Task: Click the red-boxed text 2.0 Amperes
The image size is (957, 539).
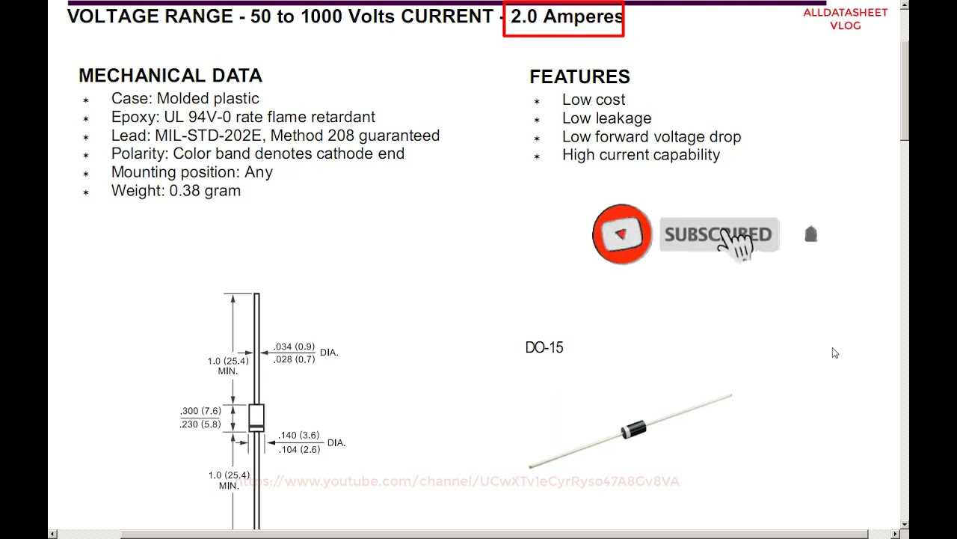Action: pos(566,16)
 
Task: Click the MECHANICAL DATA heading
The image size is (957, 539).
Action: pos(170,76)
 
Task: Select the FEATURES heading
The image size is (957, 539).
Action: pos(579,76)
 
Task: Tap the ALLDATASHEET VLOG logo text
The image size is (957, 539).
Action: pos(845,19)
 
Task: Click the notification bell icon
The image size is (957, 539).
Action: pos(810,234)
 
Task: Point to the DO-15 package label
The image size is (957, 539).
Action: pos(544,347)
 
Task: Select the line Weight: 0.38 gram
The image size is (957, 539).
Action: pos(176,190)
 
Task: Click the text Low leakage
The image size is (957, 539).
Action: pos(606,118)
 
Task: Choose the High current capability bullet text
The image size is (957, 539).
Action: pos(641,155)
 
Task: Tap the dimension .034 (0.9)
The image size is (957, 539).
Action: pos(294,347)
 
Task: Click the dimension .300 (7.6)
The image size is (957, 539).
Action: pos(200,412)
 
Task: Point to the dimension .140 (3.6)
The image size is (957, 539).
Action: pos(299,435)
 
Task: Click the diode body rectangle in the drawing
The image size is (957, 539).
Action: pos(256,417)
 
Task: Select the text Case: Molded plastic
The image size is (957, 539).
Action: pos(185,99)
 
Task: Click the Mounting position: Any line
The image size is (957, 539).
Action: pos(191,172)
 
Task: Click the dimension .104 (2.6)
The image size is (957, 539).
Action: pos(299,449)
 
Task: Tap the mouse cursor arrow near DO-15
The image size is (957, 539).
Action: pos(834,353)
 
